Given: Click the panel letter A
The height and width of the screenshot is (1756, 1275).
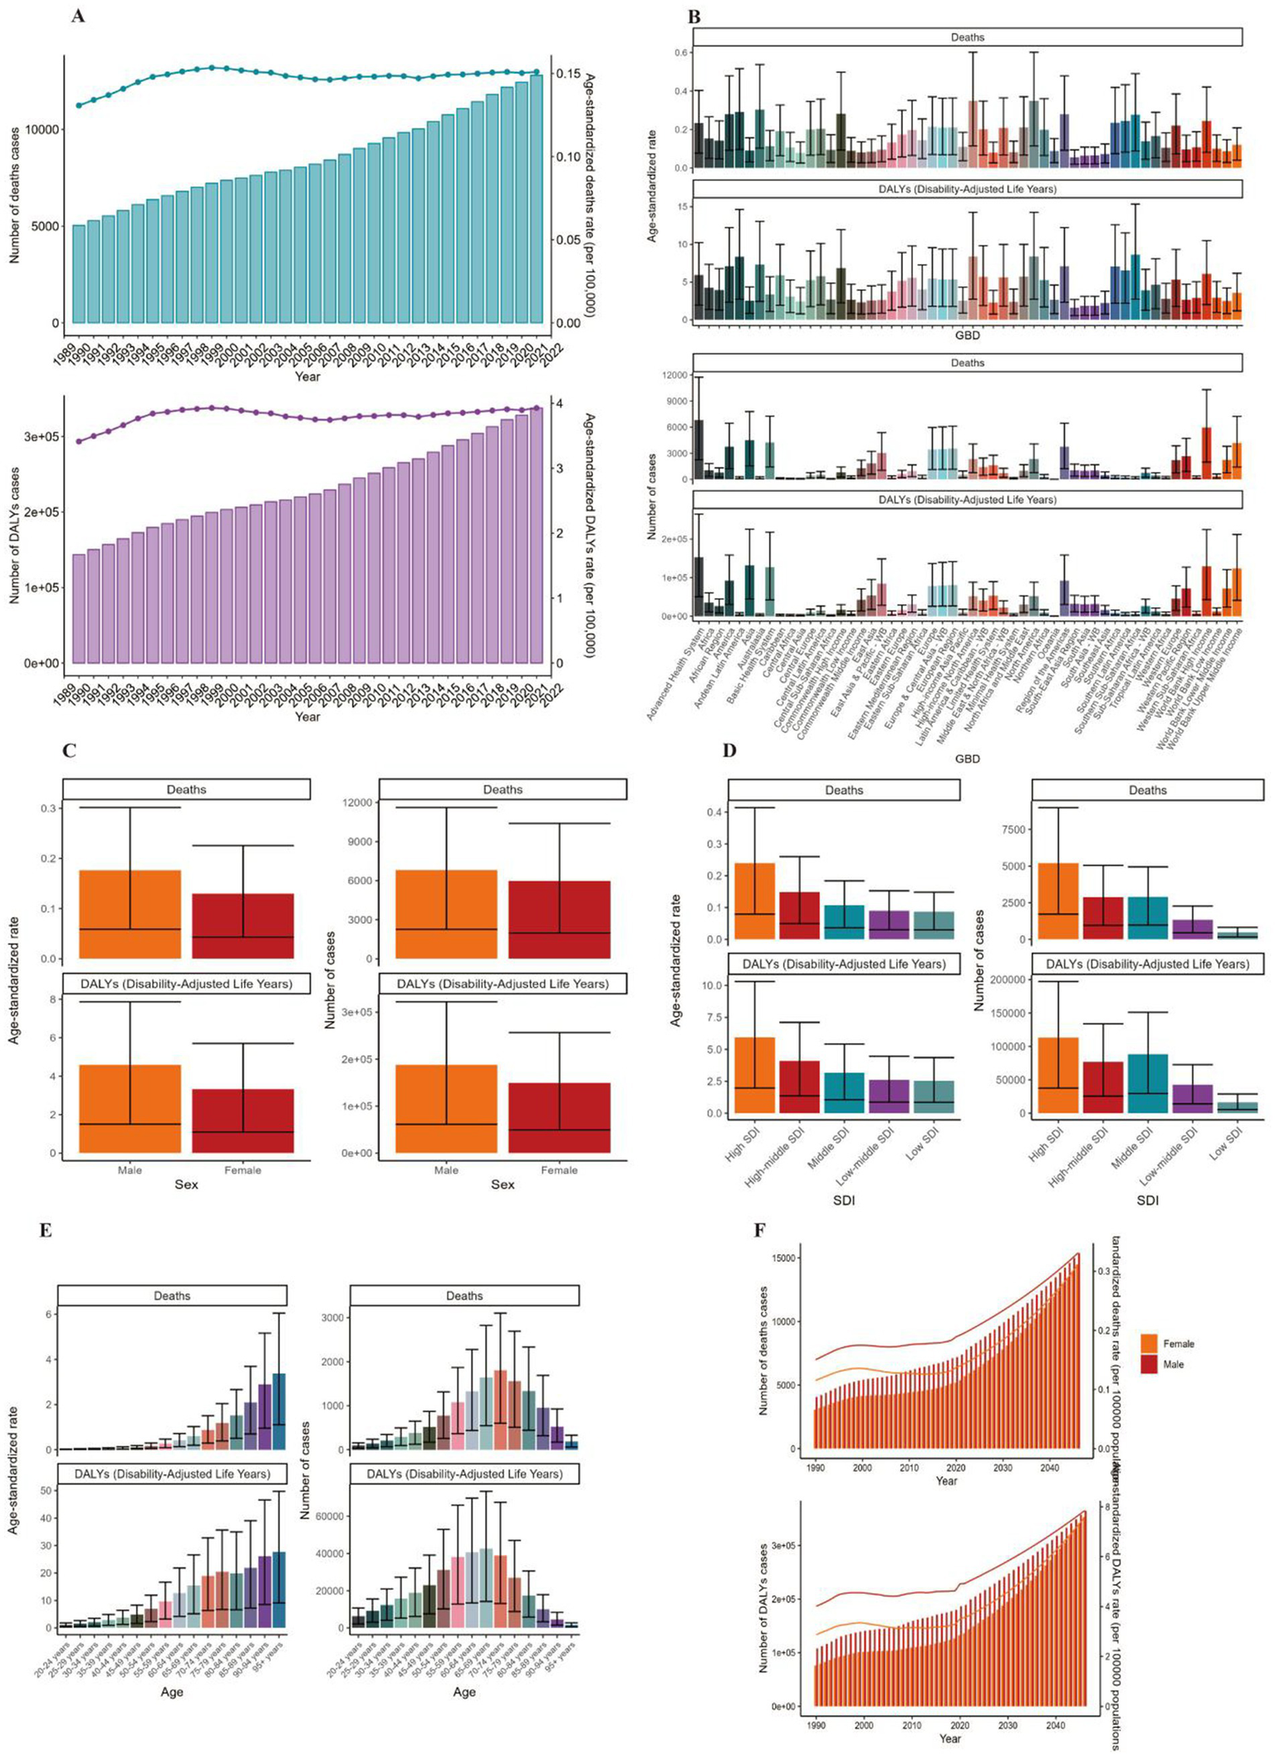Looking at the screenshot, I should point(77,16).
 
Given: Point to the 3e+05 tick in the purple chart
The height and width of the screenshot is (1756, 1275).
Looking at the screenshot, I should point(42,436).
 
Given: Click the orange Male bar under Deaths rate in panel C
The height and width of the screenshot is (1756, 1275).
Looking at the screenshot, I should point(130,914).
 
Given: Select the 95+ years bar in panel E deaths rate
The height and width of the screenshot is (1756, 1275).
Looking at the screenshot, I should point(279,1411).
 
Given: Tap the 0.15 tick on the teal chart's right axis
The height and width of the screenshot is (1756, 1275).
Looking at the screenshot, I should point(568,74).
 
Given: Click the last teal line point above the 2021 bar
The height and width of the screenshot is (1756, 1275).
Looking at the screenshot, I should point(537,72).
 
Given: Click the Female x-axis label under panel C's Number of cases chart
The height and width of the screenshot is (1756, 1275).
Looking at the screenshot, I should point(559,1170).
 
